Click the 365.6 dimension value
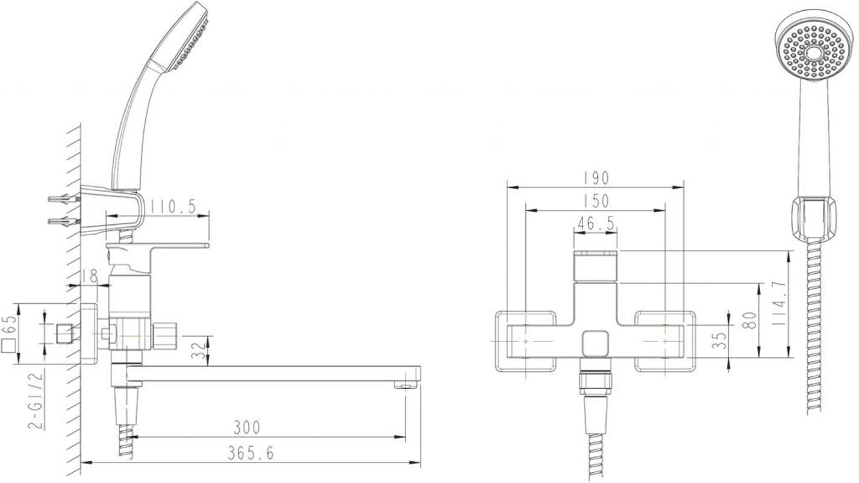(251, 453)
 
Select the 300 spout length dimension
(247, 428)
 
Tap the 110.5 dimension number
(173, 207)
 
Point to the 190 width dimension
(596, 178)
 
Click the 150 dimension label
(596, 201)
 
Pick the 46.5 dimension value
(596, 224)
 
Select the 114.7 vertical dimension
(779, 304)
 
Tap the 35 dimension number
(719, 341)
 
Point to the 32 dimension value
(199, 350)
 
